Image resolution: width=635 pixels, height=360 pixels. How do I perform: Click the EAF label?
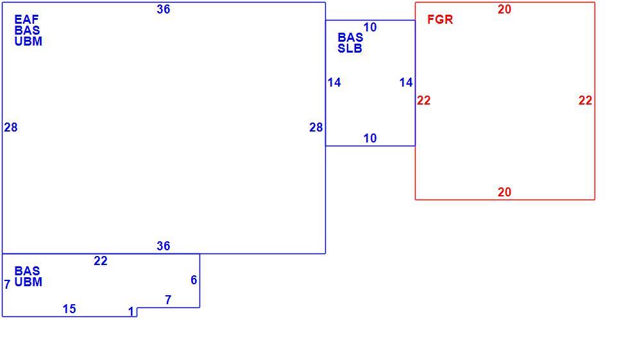coord(27,19)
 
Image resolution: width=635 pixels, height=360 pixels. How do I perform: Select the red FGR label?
coord(440,19)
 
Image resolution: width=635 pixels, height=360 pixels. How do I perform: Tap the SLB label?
coord(350,49)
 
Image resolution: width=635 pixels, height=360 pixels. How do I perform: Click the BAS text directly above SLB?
coord(350,38)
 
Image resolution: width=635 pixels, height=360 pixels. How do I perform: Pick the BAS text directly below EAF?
coord(27,30)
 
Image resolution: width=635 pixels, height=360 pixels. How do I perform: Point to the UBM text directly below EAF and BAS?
coord(28,41)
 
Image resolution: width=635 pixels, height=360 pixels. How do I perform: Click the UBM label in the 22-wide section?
coord(28,282)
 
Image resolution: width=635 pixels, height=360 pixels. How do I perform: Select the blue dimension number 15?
coord(69,309)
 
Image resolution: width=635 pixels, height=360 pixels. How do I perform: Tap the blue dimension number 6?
coord(194,280)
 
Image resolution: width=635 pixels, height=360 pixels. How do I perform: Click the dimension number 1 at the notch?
coord(131,311)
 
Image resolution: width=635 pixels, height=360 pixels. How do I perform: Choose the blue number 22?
coord(101,261)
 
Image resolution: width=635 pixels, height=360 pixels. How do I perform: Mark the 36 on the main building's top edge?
coord(163,10)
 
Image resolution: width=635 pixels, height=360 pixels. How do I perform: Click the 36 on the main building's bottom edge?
coord(163,246)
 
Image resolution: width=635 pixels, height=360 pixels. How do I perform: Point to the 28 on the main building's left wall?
coord(11,128)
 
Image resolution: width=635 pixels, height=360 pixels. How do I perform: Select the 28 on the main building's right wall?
coord(316,128)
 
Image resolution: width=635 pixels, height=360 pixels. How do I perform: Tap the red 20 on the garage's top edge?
coord(504,10)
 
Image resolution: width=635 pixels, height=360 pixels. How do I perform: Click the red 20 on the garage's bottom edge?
coord(504,192)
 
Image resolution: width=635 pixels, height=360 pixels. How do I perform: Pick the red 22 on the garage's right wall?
coord(585,100)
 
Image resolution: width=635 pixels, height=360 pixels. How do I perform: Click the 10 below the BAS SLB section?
coord(370,139)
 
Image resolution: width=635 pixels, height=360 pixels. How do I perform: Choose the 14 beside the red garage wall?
coord(406,83)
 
